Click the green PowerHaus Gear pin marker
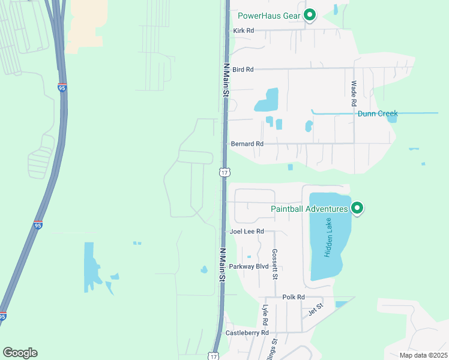coord(310,15)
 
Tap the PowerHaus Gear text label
coord(268,16)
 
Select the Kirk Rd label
coord(243,30)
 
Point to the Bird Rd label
coord(243,70)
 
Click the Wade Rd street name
coord(354,94)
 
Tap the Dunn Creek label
coord(378,113)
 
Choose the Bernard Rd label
coord(247,144)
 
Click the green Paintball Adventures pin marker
coord(357,208)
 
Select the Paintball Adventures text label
coord(309,209)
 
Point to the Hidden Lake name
coord(328,238)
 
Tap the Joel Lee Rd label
coord(247,231)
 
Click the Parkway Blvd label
coord(249,266)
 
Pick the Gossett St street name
coord(274,264)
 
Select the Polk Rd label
coord(294,297)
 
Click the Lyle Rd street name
coord(265,315)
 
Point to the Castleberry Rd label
coord(247,332)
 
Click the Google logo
coord(20,353)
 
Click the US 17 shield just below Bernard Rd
coord(224,172)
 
